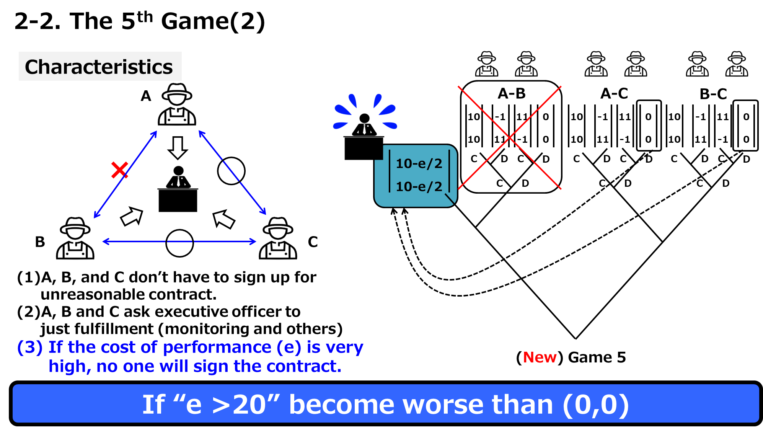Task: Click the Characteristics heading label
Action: point(99,67)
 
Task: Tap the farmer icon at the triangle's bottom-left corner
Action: point(75,238)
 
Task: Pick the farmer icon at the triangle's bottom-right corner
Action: point(278,238)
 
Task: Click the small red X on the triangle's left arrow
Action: point(119,170)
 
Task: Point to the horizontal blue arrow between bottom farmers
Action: point(179,241)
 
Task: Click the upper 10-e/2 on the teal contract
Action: point(419,163)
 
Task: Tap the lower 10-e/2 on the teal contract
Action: point(419,186)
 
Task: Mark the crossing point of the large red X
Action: point(510,137)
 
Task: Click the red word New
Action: point(540,357)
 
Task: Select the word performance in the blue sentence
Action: point(217,348)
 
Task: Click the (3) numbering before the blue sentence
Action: point(30,348)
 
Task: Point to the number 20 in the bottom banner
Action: point(249,405)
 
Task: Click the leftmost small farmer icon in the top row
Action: point(486,64)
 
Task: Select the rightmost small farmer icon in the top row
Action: point(737,64)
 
